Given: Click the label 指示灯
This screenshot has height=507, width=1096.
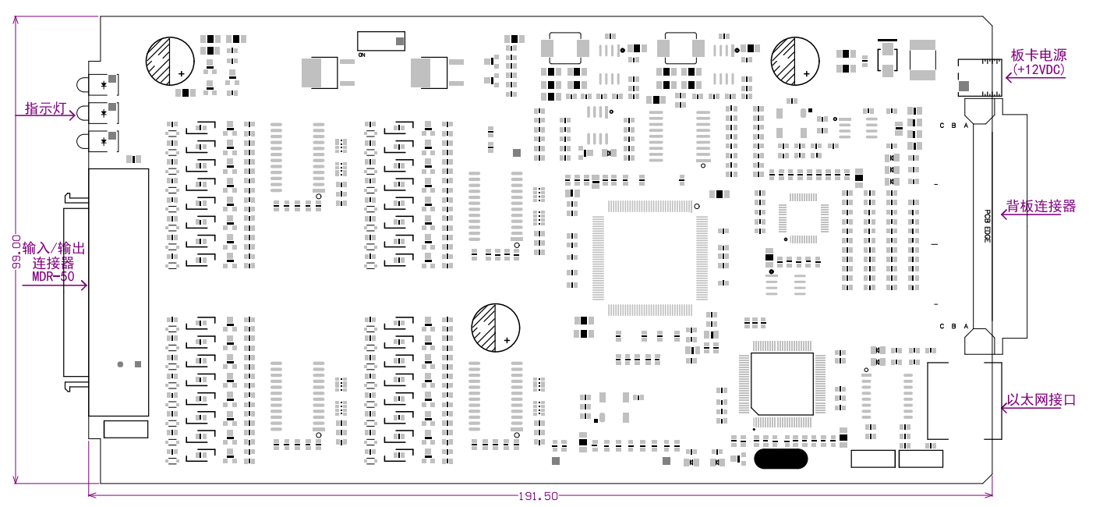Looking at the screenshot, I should (44, 108).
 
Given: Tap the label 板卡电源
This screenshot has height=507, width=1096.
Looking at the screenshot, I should (1038, 55).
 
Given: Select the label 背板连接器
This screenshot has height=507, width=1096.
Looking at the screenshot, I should (1041, 206).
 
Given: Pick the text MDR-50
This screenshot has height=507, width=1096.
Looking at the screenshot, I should (53, 276).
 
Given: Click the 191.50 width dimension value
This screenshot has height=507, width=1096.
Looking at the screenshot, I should (539, 496).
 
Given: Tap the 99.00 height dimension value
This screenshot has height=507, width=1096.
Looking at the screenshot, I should (16, 251).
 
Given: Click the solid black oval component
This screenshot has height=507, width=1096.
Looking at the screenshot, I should (780, 459).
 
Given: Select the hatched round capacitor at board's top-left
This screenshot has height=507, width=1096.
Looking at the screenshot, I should (170, 61).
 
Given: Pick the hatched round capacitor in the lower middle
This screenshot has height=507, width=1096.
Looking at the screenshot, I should (495, 328).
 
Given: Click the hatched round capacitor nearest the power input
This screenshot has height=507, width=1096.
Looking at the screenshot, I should (795, 61).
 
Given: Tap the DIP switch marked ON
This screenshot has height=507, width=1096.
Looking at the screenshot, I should (381, 41).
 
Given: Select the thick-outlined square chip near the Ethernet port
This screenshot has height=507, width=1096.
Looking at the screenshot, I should (783, 383).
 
